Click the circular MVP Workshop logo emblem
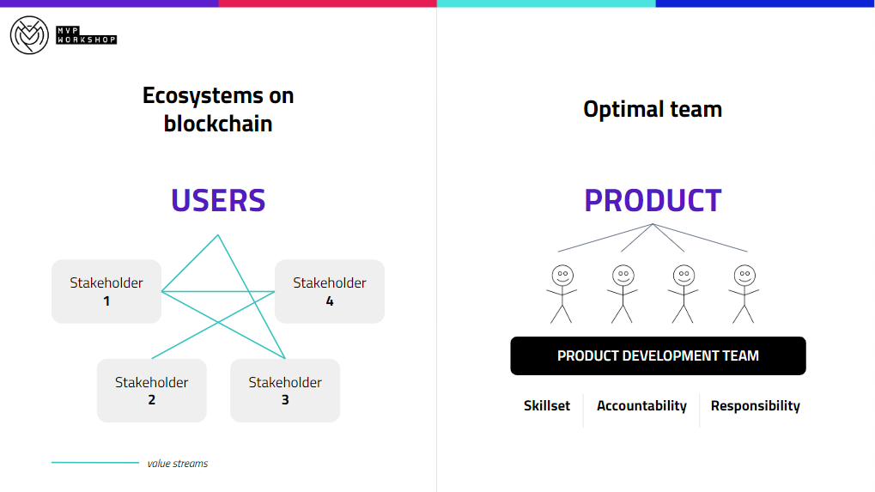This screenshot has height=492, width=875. click(29, 35)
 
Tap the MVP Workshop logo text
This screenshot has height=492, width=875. click(87, 35)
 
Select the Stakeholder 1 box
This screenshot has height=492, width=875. click(106, 291)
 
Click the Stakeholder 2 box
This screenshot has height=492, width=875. click(152, 391)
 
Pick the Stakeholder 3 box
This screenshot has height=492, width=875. click(285, 391)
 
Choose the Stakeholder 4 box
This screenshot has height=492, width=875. click(330, 291)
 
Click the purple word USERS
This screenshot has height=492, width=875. click(218, 201)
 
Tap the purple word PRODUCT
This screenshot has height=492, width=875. click(653, 201)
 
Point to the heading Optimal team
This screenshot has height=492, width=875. click(653, 109)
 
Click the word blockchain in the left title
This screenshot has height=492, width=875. click(218, 124)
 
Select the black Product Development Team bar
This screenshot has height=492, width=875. click(658, 355)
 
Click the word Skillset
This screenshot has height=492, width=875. click(547, 405)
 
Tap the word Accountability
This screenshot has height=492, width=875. click(641, 405)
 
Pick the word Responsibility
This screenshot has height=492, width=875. click(756, 405)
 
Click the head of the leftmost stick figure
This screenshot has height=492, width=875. click(562, 276)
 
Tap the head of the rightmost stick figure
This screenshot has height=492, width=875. click(744, 276)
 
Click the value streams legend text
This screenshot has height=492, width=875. click(178, 464)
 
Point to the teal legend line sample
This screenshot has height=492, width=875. click(95, 463)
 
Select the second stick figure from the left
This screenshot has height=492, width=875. click(623, 294)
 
